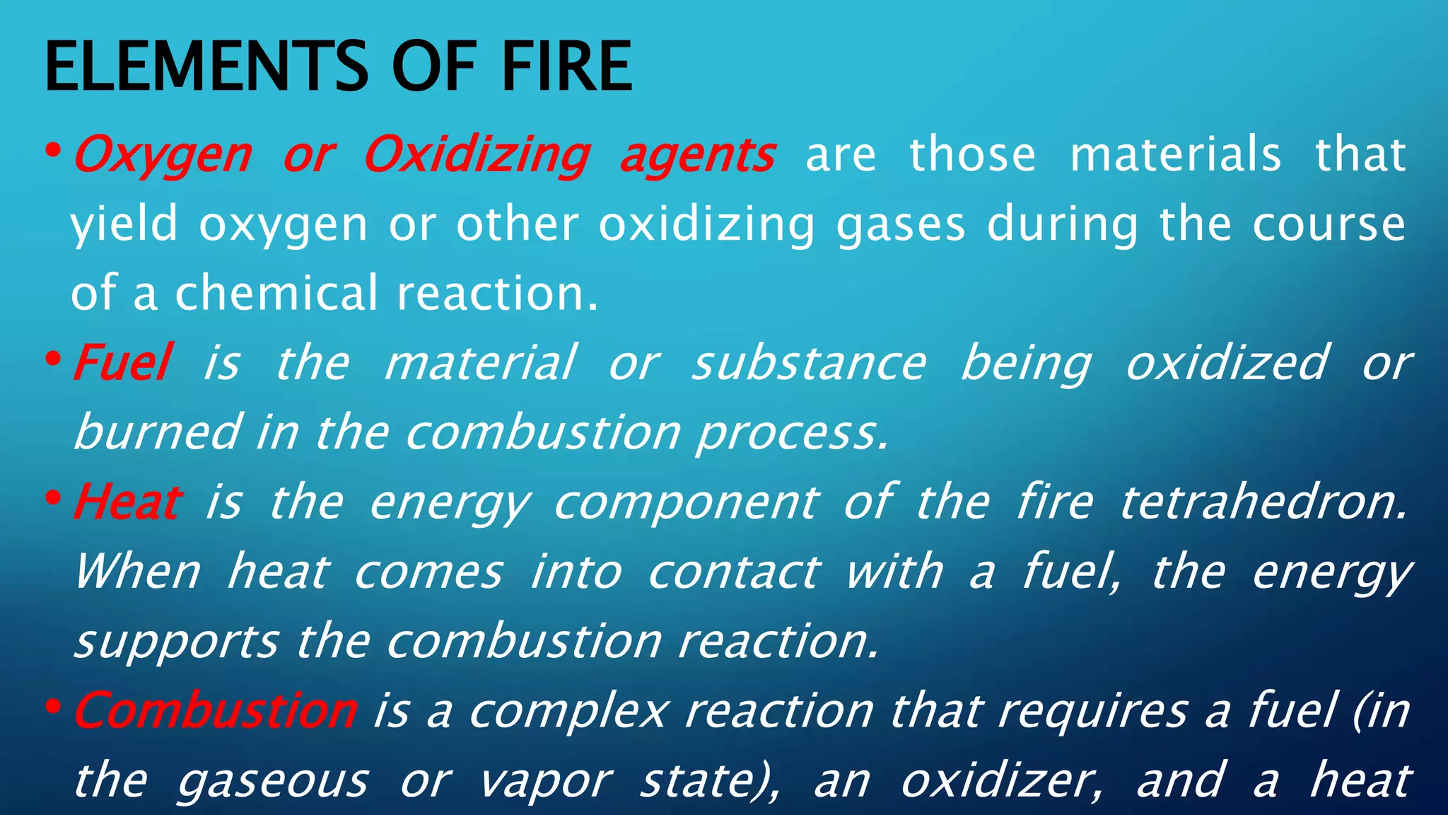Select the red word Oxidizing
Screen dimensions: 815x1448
pyautogui.click(x=477, y=155)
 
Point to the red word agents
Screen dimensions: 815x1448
pyautogui.click(x=697, y=156)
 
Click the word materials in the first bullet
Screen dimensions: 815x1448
pyautogui.click(x=1175, y=155)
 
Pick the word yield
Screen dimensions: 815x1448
pyautogui.click(x=124, y=225)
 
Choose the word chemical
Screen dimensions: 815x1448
pyautogui.click(x=276, y=293)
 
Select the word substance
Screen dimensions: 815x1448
pyautogui.click(x=809, y=362)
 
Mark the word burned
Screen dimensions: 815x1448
pyautogui.click(x=157, y=432)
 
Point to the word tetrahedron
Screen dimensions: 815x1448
pyautogui.click(x=1263, y=502)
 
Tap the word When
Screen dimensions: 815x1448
pyautogui.click(x=139, y=572)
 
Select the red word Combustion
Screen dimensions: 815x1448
pyautogui.click(x=216, y=710)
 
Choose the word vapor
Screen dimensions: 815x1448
pyautogui.click(x=544, y=781)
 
